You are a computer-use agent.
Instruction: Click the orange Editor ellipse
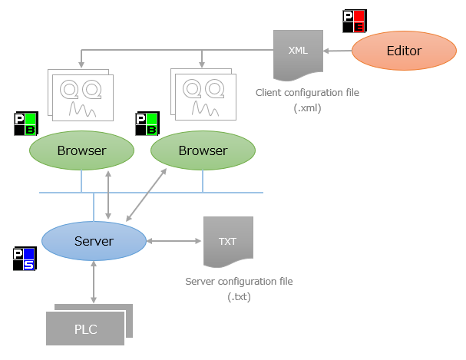tap(404, 51)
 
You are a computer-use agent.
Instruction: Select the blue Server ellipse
tap(94, 241)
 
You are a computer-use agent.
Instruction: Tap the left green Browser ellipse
tap(81, 150)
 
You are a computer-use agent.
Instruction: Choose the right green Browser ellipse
tap(203, 150)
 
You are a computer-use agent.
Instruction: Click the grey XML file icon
tap(298, 54)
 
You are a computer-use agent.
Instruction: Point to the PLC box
tap(85, 329)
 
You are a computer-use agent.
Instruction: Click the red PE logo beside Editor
tap(354, 21)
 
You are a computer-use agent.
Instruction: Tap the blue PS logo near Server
tap(24, 259)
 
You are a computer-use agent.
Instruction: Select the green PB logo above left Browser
tap(26, 124)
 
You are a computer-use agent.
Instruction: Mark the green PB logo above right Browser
tap(147, 124)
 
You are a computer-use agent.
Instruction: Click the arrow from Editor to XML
tap(338, 51)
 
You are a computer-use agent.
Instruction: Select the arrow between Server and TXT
tap(174, 241)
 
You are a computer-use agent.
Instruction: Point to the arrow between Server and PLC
tap(93, 281)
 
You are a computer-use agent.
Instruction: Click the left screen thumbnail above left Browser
tap(81, 95)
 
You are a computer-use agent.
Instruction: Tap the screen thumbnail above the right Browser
tap(203, 95)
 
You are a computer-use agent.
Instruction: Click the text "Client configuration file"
tap(307, 93)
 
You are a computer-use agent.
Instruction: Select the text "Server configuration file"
tap(239, 282)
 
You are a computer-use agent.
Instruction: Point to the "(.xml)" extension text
tap(307, 108)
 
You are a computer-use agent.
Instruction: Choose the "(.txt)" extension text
tap(239, 297)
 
